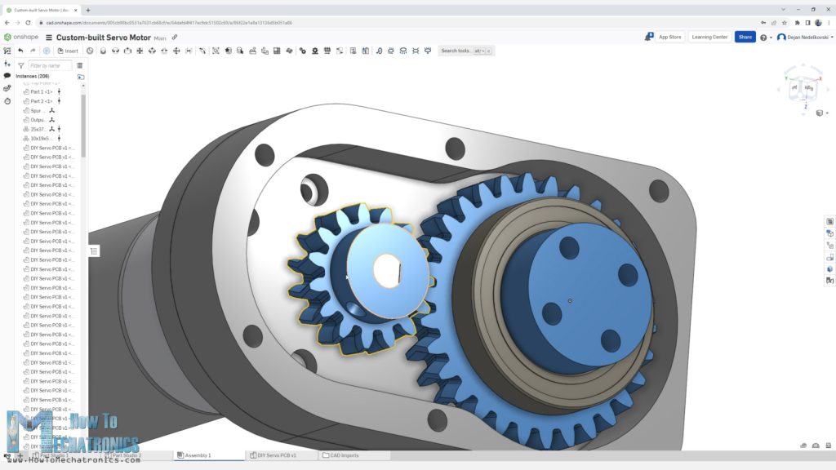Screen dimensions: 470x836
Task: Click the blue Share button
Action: tap(745, 37)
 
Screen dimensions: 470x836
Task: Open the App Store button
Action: tap(665, 37)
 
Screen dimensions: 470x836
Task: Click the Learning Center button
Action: tap(709, 37)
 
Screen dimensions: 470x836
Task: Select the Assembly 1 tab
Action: tap(198, 455)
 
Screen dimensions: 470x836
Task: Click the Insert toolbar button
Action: tap(69, 51)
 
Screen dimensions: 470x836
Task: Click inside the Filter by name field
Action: tap(50, 65)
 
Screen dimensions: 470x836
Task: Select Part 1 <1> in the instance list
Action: tap(41, 91)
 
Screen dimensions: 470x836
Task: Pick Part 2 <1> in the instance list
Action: tap(41, 101)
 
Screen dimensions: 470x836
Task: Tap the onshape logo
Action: tap(20, 38)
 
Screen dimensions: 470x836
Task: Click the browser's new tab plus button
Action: tap(88, 10)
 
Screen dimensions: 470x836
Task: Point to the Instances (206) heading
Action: tap(33, 76)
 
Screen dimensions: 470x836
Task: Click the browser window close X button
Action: tap(826, 9)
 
